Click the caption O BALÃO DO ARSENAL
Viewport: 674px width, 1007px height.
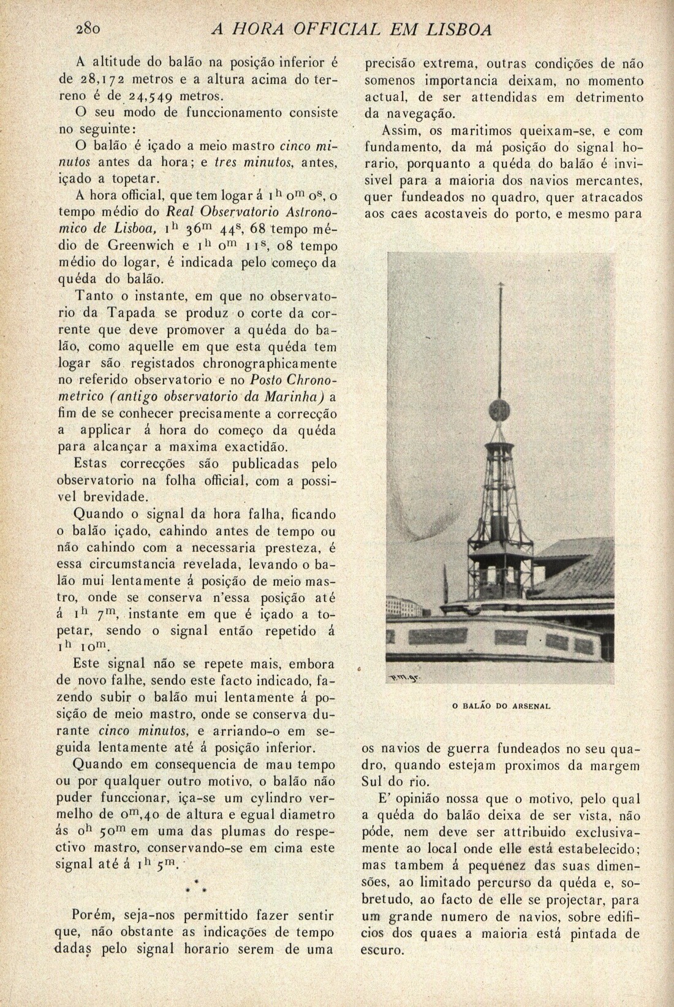coord(501,706)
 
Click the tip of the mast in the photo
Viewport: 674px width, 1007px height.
coord(501,283)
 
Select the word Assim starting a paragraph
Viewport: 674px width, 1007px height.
coord(401,131)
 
